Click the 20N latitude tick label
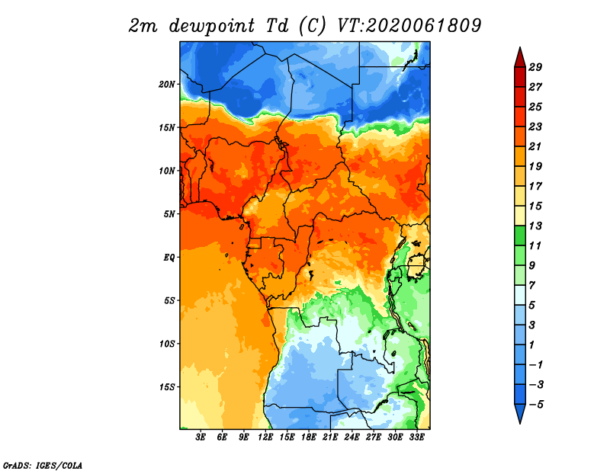tap(167, 85)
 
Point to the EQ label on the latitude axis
tap(169, 258)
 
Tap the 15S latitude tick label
tap(167, 387)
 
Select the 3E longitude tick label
tap(201, 437)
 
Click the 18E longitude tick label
tap(309, 437)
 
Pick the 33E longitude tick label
tap(416, 437)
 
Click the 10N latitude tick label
tap(167, 171)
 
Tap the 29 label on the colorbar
tap(535, 67)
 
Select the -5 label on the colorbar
tap(536, 405)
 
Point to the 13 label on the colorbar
tap(535, 226)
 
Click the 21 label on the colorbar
tap(535, 146)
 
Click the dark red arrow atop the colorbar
tap(520, 58)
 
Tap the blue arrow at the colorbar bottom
tap(520, 414)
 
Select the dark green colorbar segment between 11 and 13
tap(520, 235)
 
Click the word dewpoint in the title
tap(211, 27)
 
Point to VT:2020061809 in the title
tap(409, 26)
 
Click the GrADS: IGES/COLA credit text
tap(43, 466)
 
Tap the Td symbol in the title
tap(277, 26)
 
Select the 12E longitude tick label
tap(265, 437)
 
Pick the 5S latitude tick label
tap(169, 300)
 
